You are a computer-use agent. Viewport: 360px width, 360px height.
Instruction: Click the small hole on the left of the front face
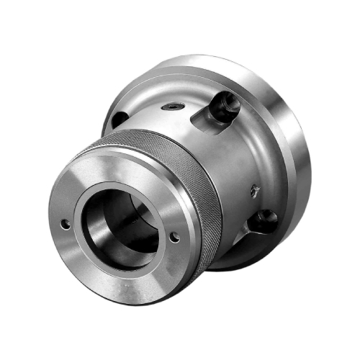coord(66,224)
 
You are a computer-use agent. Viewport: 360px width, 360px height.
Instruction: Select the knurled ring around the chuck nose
coord(189,169)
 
